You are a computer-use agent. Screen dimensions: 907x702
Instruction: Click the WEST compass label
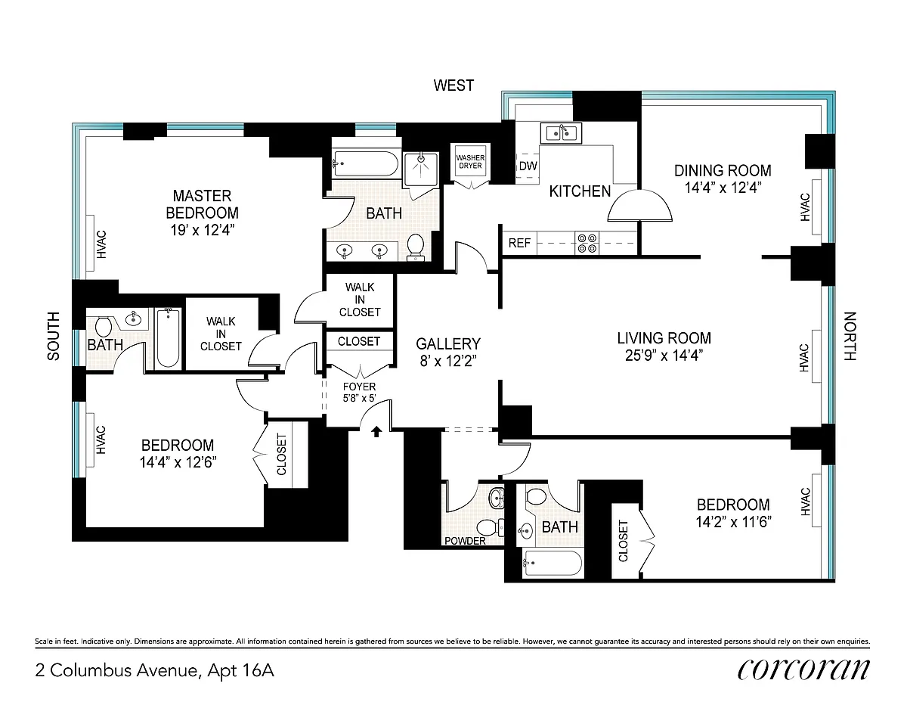click(x=453, y=85)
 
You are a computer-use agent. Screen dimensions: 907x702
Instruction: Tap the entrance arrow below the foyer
click(x=376, y=431)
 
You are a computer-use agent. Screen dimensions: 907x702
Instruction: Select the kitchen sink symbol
click(x=561, y=133)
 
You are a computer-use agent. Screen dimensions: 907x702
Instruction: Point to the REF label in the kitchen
click(x=519, y=243)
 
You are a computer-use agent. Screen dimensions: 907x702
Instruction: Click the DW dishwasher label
click(x=528, y=166)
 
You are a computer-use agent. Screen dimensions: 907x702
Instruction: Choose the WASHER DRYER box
click(x=470, y=162)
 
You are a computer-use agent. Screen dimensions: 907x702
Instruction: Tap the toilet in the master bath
click(x=415, y=247)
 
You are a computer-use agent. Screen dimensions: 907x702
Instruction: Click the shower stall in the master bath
click(x=421, y=170)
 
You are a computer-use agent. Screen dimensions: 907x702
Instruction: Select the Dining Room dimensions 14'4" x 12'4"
click(x=723, y=188)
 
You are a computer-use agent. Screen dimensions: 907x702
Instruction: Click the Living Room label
click(x=664, y=338)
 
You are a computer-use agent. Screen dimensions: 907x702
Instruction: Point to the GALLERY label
click(x=448, y=343)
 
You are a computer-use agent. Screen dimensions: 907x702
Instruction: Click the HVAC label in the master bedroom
click(x=101, y=244)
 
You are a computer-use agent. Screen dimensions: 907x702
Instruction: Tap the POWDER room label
click(x=465, y=541)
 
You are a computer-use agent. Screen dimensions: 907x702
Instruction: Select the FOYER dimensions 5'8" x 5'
click(x=359, y=399)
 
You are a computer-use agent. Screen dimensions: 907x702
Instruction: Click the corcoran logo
click(x=803, y=669)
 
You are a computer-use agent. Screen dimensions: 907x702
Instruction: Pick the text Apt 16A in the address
click(x=241, y=671)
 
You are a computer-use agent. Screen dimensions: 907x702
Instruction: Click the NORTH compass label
click(x=850, y=336)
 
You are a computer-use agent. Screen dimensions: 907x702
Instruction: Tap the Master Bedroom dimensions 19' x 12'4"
click(x=203, y=230)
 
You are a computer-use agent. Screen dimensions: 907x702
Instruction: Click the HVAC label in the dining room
click(x=805, y=207)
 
